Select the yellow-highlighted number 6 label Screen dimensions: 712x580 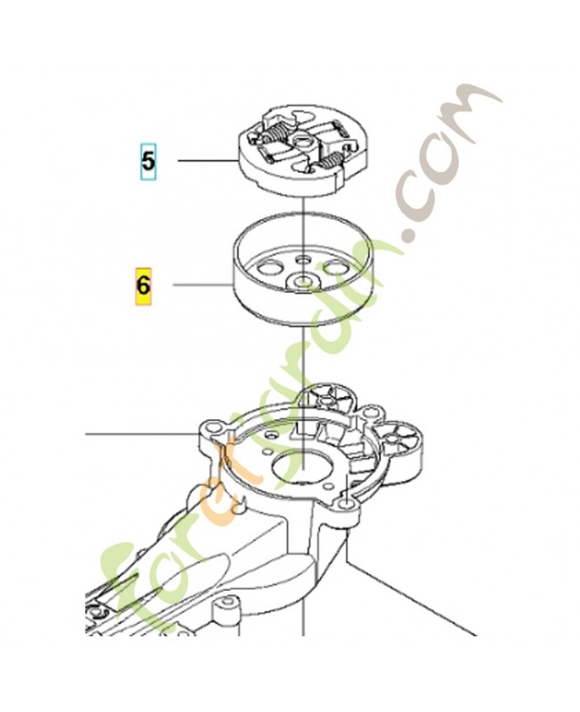142,286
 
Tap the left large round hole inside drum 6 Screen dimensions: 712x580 265,265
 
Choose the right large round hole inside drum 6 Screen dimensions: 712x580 337,266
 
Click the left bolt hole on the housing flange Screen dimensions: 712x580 210,430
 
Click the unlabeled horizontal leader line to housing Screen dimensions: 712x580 142,435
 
